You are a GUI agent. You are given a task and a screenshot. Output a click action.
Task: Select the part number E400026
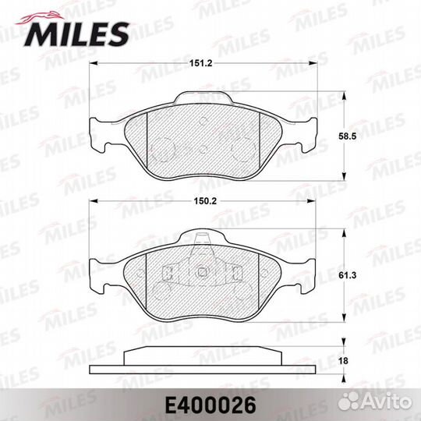(x=210, y=404)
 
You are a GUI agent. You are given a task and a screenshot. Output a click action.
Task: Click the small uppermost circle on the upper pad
(x=203, y=122)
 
